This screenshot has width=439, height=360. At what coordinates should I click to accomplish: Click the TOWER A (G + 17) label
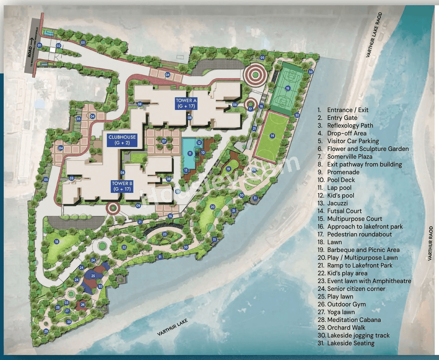(186, 103)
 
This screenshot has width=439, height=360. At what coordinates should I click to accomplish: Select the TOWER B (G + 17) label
(122, 186)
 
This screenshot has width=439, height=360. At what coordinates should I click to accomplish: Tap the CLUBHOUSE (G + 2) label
(122, 140)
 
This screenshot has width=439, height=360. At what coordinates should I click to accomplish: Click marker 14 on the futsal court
(272, 136)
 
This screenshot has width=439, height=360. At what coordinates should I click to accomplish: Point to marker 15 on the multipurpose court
(288, 88)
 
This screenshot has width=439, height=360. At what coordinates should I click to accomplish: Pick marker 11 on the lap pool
(190, 154)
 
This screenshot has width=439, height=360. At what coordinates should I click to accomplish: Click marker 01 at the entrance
(39, 45)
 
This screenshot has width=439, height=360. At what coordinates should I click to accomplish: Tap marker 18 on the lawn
(57, 242)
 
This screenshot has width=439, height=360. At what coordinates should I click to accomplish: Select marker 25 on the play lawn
(93, 276)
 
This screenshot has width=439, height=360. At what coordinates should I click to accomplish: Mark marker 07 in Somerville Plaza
(164, 141)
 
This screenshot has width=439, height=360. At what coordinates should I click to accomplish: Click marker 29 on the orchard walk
(46, 331)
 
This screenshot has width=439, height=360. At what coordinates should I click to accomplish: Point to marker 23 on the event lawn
(165, 234)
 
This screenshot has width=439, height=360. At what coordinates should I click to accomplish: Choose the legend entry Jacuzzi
(337, 203)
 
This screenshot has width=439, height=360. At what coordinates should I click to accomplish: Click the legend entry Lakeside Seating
(351, 343)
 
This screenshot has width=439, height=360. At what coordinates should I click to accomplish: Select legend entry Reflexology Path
(350, 125)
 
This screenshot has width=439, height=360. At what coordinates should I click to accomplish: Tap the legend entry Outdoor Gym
(346, 304)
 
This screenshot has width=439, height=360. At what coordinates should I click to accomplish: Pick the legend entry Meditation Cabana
(354, 320)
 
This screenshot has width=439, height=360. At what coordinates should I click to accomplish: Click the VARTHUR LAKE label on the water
(172, 327)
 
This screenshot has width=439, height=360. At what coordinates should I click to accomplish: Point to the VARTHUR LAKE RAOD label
(374, 35)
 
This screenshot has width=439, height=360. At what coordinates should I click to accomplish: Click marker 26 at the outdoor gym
(83, 304)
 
